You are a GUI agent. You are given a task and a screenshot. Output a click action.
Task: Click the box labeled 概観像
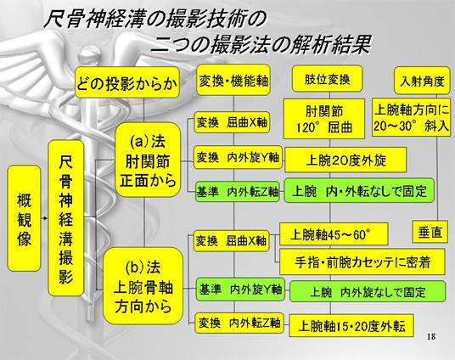(24, 218)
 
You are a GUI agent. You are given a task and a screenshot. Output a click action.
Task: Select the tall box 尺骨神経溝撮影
(66, 218)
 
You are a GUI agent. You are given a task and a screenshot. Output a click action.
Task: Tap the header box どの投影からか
(127, 82)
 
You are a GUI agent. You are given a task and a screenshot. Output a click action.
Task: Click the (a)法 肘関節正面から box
(148, 160)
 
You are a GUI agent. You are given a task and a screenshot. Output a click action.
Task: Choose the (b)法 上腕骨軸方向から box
(143, 286)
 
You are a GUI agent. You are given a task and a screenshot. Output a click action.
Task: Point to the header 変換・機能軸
(233, 80)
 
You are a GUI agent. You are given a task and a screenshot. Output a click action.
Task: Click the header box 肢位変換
(328, 79)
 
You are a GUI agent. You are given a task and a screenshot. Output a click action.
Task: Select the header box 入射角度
(422, 81)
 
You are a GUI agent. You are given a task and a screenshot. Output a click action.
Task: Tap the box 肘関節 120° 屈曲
(324, 119)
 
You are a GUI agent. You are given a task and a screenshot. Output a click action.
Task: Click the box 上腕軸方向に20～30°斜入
(412, 117)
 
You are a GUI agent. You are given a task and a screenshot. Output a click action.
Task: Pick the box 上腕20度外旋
(345, 160)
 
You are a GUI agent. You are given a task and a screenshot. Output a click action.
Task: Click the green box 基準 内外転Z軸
(238, 192)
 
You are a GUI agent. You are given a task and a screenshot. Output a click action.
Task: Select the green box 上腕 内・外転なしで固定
(359, 191)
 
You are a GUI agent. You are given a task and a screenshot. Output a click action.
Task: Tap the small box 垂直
(430, 232)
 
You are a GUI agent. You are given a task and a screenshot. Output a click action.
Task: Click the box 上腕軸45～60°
(334, 234)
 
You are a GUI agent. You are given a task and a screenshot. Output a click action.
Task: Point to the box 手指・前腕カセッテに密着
(362, 262)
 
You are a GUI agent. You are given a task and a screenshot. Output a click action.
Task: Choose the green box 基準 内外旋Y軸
(240, 290)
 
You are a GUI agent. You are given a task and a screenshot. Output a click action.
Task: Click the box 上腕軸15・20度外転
(351, 326)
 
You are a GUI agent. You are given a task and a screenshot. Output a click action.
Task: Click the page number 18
(431, 336)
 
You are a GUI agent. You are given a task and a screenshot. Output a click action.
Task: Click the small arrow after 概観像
(44, 218)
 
